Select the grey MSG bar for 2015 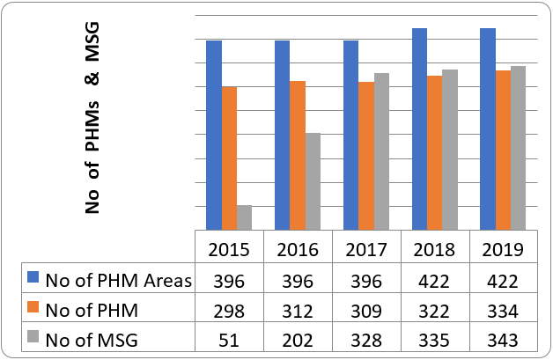point(244,217)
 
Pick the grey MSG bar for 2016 point(313,181)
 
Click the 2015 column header point(229,249)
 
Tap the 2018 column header point(434,249)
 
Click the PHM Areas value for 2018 point(434,281)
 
